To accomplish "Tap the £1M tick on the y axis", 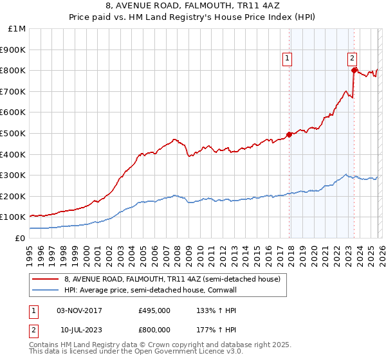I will point(17,29).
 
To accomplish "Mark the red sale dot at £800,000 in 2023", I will point(354,71).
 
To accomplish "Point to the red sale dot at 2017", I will point(289,134).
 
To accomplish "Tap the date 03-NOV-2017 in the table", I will point(79,310).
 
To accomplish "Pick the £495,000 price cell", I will point(154,310).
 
